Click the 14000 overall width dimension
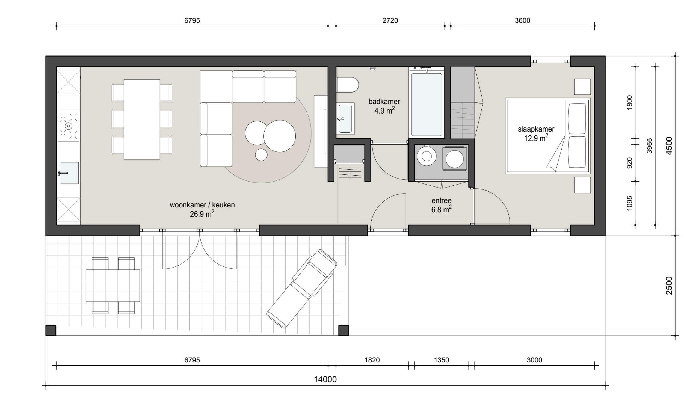(x=325, y=379)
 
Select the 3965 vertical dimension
(x=650, y=146)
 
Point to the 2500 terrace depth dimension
(x=669, y=286)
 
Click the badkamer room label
(x=384, y=101)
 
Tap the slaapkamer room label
(x=536, y=129)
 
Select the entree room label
(x=441, y=200)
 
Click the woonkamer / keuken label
(x=202, y=205)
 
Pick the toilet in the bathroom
(x=347, y=85)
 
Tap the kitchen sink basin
(x=69, y=173)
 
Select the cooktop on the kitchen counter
(x=69, y=126)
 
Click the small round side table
(x=261, y=155)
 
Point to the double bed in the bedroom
(x=548, y=136)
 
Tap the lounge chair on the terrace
(x=302, y=289)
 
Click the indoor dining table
(x=142, y=119)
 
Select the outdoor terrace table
(x=113, y=286)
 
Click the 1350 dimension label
(x=441, y=360)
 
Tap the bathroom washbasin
(x=345, y=118)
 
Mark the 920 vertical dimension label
(x=630, y=163)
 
